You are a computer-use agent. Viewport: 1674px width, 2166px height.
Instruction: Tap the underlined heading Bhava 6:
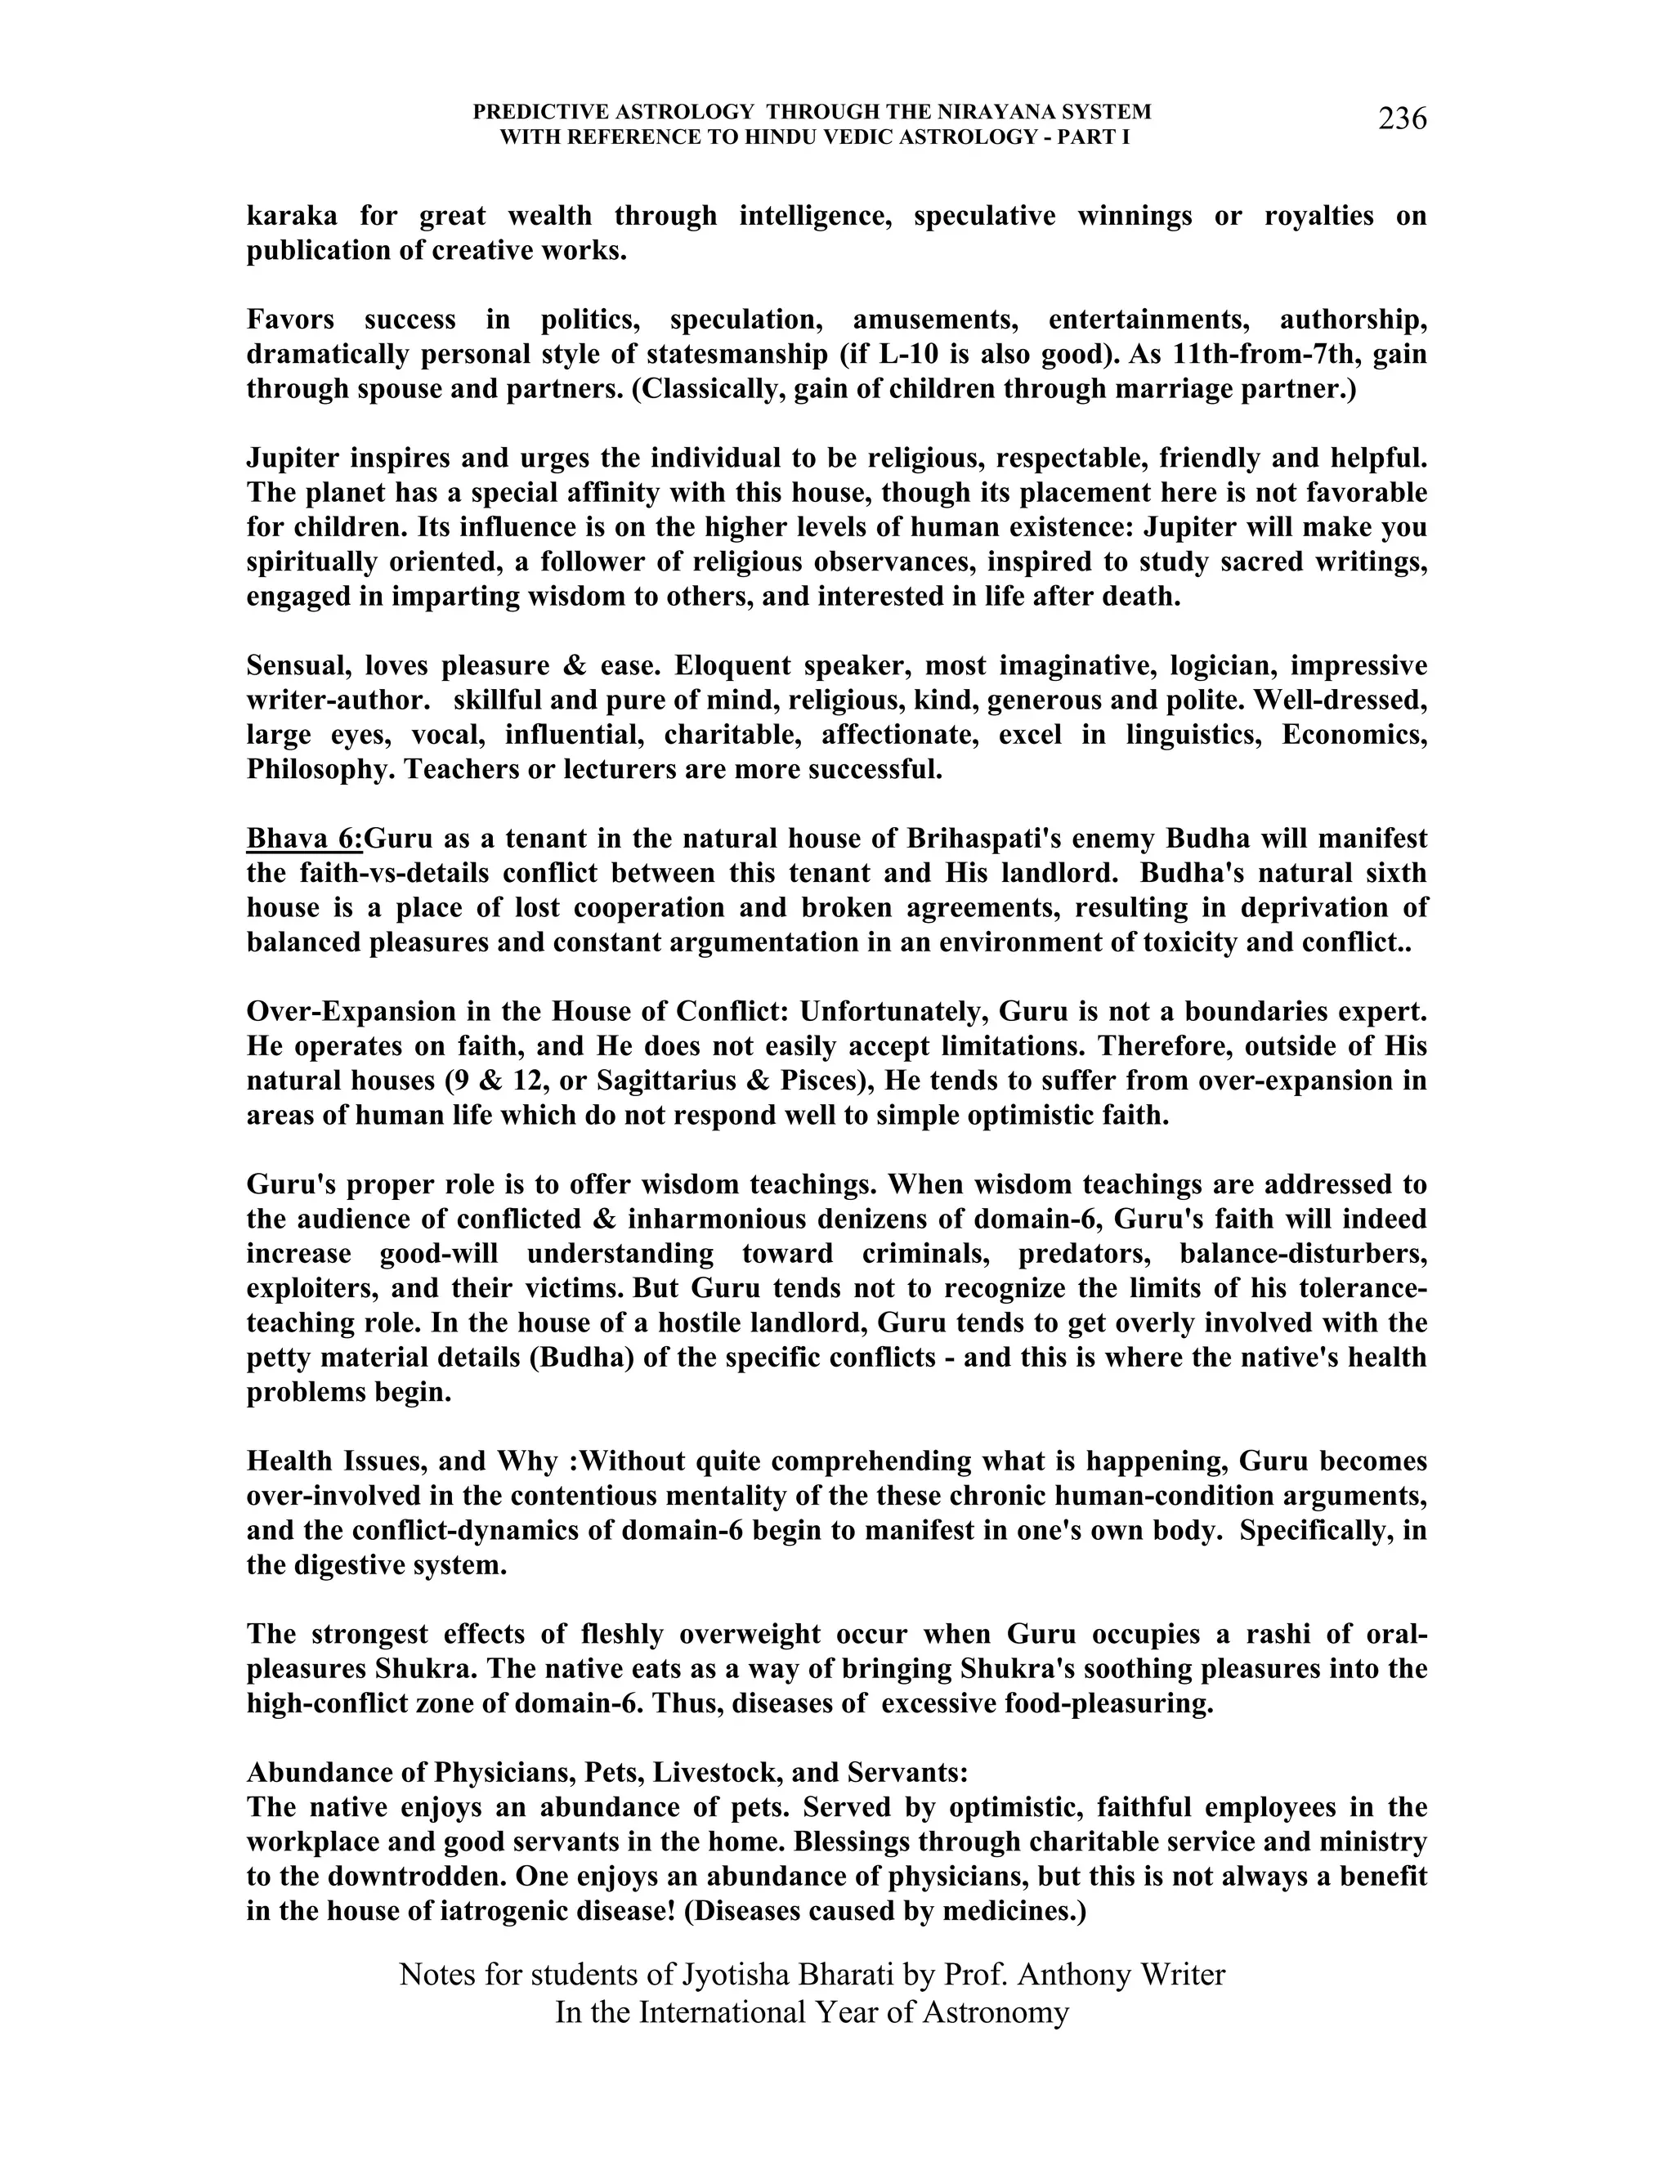point(304,839)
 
